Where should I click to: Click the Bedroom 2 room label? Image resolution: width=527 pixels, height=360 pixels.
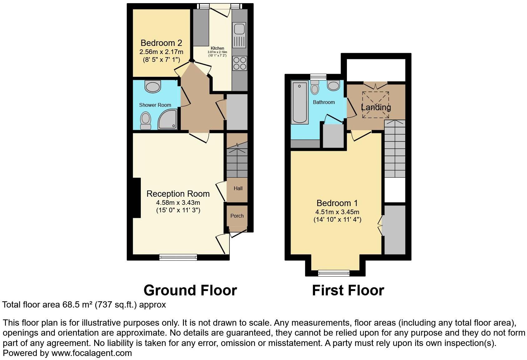click(x=161, y=43)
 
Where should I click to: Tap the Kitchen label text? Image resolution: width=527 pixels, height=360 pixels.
click(x=217, y=48)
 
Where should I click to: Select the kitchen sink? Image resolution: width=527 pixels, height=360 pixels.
click(x=239, y=29)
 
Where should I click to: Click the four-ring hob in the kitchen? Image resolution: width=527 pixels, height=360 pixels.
click(x=239, y=63)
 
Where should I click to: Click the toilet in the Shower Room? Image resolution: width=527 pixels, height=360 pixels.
click(x=145, y=121)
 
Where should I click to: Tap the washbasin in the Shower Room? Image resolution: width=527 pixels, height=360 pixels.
click(x=153, y=86)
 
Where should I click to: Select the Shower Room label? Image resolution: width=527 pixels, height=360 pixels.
click(x=155, y=105)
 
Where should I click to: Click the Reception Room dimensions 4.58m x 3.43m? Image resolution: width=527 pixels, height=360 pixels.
click(x=178, y=203)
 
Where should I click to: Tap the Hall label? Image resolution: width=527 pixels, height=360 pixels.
click(x=238, y=188)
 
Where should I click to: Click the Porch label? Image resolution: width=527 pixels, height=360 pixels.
click(x=237, y=216)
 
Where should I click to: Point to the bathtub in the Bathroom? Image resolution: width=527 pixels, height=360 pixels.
click(x=299, y=102)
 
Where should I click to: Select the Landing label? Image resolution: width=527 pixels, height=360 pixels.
click(x=376, y=107)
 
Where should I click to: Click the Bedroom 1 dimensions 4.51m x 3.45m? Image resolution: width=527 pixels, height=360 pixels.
click(x=337, y=212)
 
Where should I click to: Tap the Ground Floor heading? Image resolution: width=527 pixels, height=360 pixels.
click(x=190, y=290)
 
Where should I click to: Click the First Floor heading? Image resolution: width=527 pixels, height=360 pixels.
click(x=348, y=290)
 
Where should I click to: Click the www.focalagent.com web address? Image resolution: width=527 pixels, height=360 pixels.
click(x=91, y=353)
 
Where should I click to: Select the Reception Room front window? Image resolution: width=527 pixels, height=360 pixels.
click(x=178, y=257)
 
